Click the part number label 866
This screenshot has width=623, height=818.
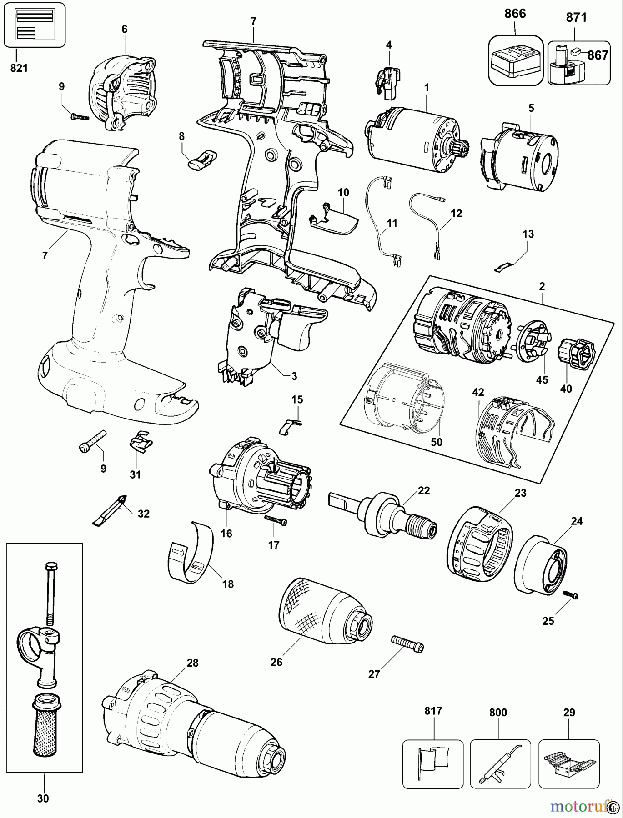pyautogui.click(x=515, y=14)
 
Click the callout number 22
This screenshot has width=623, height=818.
pyautogui.click(x=424, y=490)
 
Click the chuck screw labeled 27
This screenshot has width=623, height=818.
pyautogui.click(x=407, y=644)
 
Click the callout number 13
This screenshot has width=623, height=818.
pyautogui.click(x=528, y=234)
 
